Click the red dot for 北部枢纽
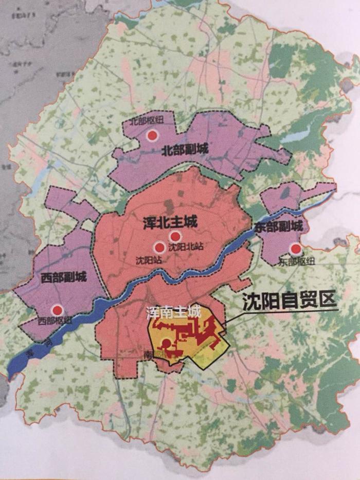(152, 135)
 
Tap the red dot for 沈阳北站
(175, 236)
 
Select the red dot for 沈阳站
(159, 247)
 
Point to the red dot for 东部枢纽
(296, 250)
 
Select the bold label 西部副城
(63, 278)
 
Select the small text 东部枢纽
(297, 261)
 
